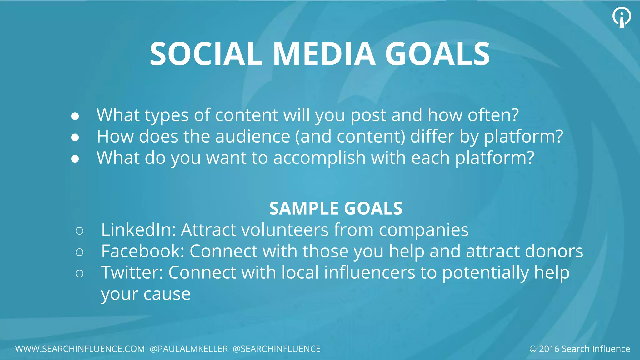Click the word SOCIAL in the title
[x=206, y=54]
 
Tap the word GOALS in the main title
[x=437, y=54]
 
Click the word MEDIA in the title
[x=324, y=54]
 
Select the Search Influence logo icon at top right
[x=622, y=17]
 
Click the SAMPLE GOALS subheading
[x=336, y=208]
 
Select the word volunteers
[x=285, y=230]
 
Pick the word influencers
[x=369, y=272]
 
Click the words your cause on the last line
[x=146, y=294]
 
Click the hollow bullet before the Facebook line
[x=79, y=252]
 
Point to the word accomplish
[x=319, y=158]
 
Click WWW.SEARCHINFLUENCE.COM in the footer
[x=80, y=349]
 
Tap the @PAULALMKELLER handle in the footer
[x=189, y=349]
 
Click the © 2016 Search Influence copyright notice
[x=580, y=349]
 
